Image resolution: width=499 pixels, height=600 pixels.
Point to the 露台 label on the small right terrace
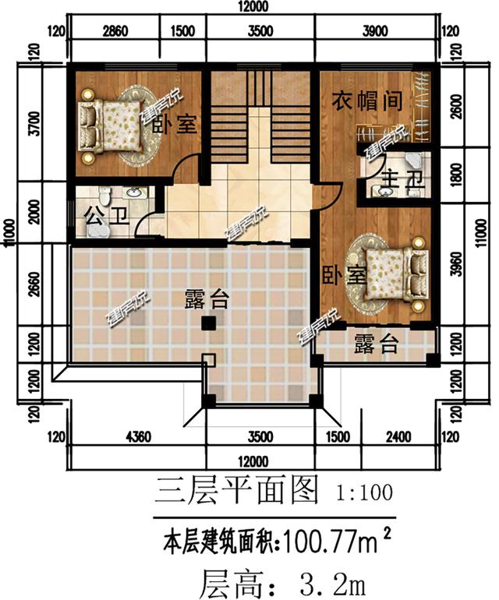(x=377, y=344)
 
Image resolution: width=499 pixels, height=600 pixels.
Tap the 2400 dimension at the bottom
(x=398, y=436)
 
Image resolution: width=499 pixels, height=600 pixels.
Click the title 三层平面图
(x=237, y=490)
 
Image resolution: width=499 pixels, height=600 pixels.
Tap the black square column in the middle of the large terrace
(x=208, y=322)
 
